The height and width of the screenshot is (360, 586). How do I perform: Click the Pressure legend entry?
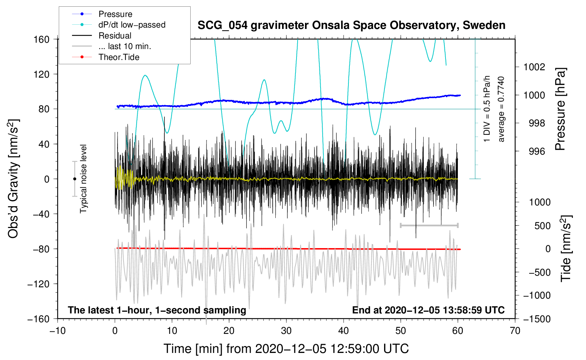click(x=115, y=14)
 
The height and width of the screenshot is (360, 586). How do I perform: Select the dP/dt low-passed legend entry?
click(x=132, y=25)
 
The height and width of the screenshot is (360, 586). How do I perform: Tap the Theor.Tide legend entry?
click(x=119, y=57)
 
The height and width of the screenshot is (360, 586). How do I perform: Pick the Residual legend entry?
click(x=115, y=36)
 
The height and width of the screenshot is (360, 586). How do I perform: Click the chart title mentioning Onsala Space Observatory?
click(x=351, y=25)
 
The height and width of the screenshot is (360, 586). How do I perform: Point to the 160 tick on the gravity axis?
click(x=42, y=39)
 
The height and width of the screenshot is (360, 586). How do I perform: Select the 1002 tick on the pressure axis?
click(x=534, y=67)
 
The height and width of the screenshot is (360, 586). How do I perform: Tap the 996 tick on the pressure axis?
click(x=537, y=151)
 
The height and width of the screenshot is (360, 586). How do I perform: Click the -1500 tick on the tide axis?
click(x=537, y=319)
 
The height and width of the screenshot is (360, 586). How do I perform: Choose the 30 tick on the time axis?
click(x=286, y=331)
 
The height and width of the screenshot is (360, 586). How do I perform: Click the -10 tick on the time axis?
click(x=58, y=331)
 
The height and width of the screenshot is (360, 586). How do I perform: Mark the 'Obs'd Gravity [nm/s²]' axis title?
click(x=13, y=179)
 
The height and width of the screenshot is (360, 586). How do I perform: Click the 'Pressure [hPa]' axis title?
click(x=560, y=109)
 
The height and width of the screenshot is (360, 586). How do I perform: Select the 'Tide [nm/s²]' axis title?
click(x=566, y=248)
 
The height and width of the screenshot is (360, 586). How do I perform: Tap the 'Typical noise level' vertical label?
click(x=83, y=179)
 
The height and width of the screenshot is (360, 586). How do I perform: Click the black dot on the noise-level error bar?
click(x=74, y=179)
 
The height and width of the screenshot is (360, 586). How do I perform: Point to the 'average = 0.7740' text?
click(x=501, y=109)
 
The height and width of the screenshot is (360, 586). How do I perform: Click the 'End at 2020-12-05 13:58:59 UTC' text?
click(x=428, y=310)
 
